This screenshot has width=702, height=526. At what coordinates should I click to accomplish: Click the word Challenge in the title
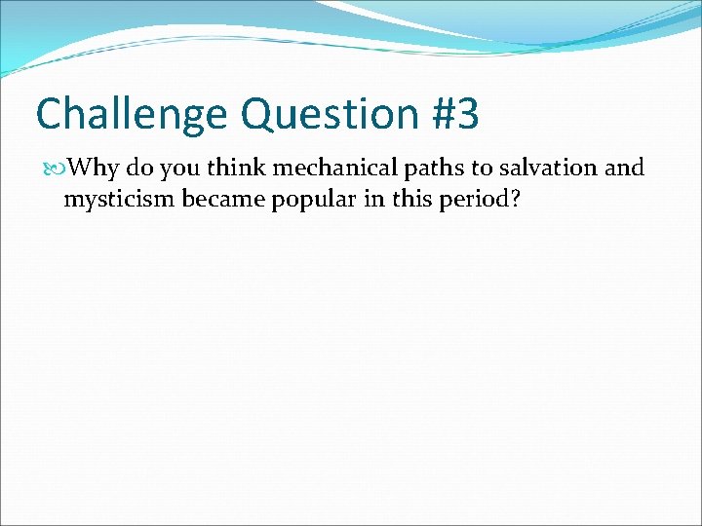(x=132, y=115)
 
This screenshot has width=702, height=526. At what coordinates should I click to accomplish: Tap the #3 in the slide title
(x=454, y=115)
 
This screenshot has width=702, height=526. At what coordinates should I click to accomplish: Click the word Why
(x=95, y=169)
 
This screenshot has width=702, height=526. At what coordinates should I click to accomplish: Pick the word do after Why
(x=141, y=169)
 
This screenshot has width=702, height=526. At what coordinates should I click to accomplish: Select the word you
(x=182, y=169)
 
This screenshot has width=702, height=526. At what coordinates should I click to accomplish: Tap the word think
(x=238, y=169)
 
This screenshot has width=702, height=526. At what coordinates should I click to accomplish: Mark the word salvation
(x=550, y=169)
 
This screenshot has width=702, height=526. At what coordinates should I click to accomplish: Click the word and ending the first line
(x=624, y=169)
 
